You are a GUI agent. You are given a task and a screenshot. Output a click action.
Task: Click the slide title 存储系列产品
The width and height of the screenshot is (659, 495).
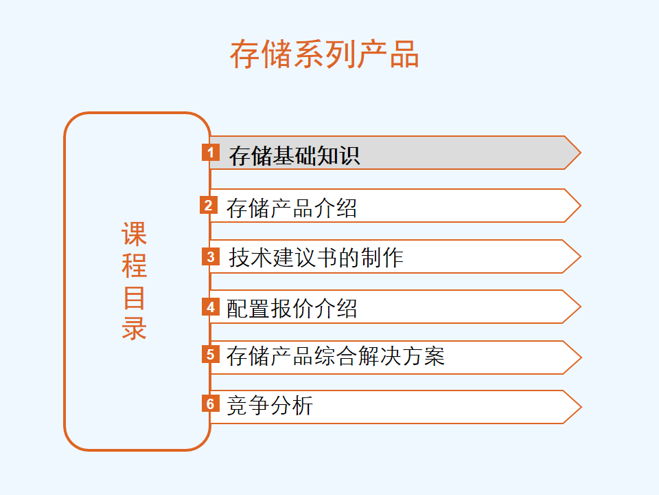pos(324,54)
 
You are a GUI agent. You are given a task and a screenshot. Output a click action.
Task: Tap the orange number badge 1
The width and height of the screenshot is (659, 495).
pos(211,152)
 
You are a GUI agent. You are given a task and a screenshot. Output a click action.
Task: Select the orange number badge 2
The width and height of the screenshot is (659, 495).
pos(209,205)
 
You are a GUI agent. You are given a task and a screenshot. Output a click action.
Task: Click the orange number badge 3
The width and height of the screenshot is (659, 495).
pos(211,256)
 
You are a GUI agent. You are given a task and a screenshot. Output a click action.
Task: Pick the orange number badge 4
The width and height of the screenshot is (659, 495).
pos(211,307)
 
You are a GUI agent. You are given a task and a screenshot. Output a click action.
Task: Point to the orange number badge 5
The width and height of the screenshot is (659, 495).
pos(211,355)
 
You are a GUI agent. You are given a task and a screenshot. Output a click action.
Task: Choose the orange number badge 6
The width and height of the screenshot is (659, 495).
pos(211,404)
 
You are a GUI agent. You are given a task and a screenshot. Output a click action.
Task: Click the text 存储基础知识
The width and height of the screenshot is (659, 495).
pos(294,156)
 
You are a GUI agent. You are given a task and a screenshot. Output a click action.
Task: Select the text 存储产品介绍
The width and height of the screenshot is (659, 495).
pos(292,208)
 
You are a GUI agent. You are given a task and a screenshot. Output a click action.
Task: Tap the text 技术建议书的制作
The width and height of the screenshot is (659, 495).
pos(316,257)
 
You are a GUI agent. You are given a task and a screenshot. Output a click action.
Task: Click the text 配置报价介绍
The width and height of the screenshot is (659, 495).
pos(292,308)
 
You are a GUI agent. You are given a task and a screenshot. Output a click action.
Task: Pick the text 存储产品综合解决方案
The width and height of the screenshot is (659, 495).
pos(336,355)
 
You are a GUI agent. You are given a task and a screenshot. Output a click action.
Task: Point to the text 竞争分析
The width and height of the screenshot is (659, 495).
pos(270,406)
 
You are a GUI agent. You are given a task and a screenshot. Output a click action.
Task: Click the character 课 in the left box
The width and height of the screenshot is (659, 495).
pos(134,234)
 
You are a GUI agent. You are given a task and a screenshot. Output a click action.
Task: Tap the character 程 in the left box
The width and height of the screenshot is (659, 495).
pos(134,265)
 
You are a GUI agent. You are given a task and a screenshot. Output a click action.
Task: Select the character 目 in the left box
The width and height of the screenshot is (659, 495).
pos(134,298)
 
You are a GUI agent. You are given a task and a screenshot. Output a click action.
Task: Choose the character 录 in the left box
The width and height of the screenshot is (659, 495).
pos(134,328)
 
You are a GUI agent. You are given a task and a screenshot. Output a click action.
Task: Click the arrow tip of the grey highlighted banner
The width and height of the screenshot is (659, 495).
pos(581,153)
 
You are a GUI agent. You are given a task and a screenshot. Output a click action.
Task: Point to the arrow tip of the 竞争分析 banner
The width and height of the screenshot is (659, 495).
pos(581,407)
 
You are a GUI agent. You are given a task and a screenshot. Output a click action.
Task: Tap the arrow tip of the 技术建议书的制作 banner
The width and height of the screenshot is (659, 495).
pos(581,256)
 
